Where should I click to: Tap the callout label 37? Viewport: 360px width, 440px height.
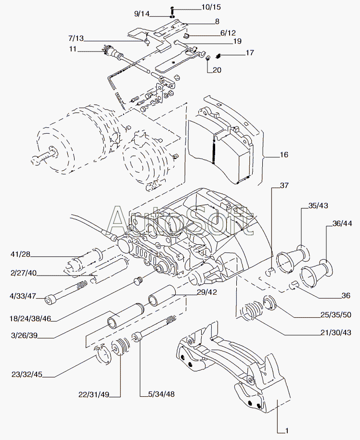point(285,186)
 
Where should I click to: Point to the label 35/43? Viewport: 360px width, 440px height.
point(318,206)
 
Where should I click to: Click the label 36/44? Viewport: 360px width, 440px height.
point(342,224)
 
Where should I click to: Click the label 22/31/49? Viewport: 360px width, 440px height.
point(94,395)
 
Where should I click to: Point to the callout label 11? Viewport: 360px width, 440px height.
point(73,49)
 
